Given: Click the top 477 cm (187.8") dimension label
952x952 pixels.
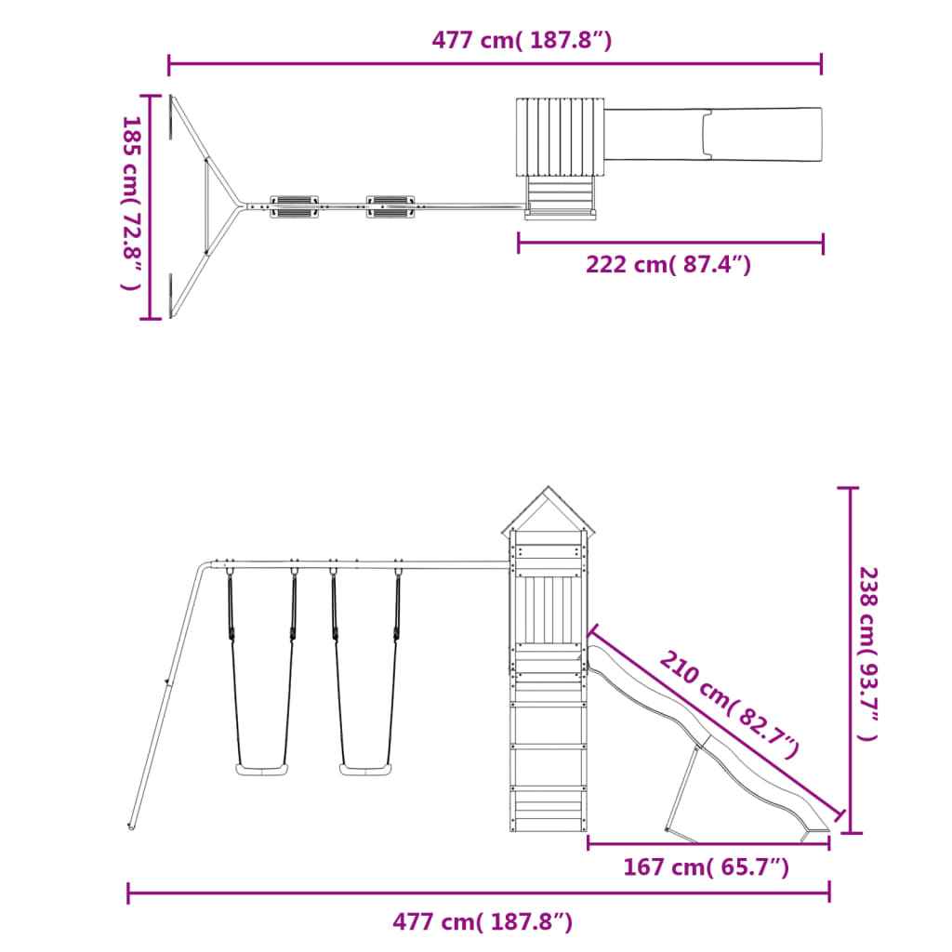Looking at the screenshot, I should (x=522, y=41).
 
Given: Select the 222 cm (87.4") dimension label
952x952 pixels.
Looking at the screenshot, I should (x=668, y=265).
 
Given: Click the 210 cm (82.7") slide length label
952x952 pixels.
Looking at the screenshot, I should (x=730, y=704).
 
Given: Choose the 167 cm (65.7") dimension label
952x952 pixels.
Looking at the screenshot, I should (x=707, y=867).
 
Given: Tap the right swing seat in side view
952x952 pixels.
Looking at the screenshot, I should (x=365, y=769).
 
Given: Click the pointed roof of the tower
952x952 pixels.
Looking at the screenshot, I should (x=549, y=511).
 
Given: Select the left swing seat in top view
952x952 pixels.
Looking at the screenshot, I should (x=294, y=205).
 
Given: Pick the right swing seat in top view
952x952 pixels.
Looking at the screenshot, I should (x=390, y=205).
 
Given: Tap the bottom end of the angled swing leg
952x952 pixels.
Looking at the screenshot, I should (x=132, y=825).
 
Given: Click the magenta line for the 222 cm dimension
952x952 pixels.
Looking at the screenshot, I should (x=669, y=244).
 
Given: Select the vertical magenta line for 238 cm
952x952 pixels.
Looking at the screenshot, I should (x=850, y=660).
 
